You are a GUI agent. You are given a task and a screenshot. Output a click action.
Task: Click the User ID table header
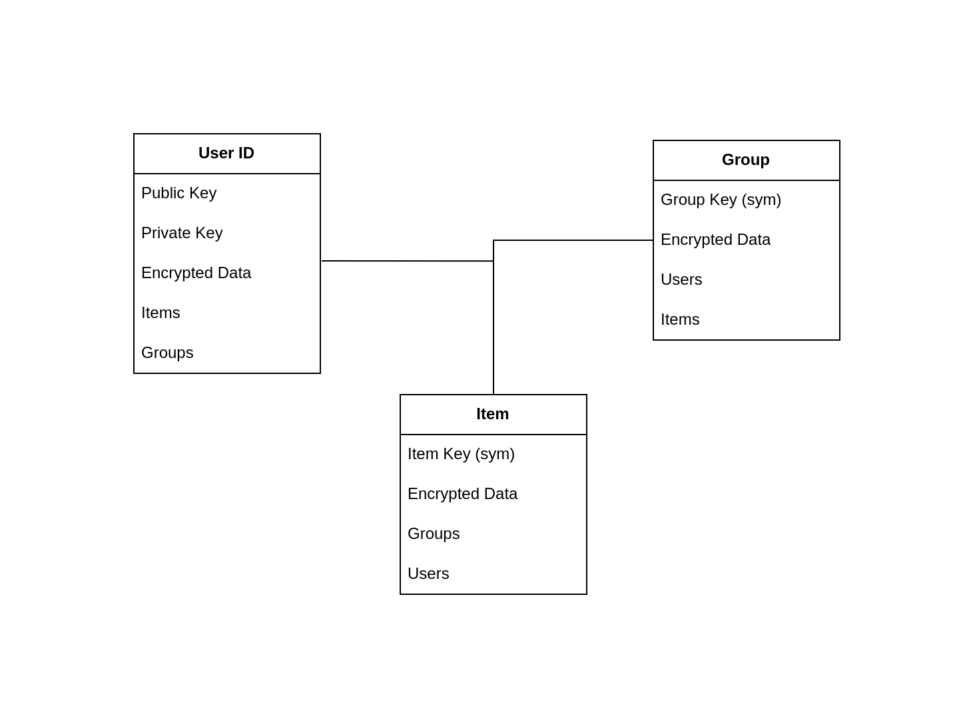coord(226,153)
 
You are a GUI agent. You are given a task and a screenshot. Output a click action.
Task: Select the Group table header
coord(746,160)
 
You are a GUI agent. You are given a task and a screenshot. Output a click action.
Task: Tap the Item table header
coord(493,414)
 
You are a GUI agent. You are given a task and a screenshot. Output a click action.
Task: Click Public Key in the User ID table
coord(178,194)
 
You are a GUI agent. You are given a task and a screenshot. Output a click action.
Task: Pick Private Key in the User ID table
coord(182,234)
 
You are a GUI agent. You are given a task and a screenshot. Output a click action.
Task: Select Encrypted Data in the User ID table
coord(196,273)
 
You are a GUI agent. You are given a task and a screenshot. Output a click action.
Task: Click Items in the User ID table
coord(161,313)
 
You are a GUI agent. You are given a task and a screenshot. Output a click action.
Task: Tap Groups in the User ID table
coord(167,353)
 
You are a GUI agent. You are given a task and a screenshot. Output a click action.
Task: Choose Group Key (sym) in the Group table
coord(721,200)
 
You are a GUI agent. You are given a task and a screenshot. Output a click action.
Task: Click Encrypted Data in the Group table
coord(715,240)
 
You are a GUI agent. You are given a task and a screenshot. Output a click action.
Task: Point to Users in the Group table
coord(681,279)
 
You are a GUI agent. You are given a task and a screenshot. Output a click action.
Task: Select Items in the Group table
coord(679,319)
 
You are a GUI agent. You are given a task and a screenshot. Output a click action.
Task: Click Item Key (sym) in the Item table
coord(461,455)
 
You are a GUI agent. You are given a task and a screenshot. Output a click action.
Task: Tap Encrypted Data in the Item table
coord(462,494)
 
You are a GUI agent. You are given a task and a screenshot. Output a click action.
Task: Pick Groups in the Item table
coord(434,534)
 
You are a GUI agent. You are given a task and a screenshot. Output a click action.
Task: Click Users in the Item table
coord(428,574)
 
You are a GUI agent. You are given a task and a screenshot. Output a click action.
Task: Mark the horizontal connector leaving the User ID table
coord(407,261)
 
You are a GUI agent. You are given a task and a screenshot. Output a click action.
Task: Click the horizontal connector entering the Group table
coord(573,240)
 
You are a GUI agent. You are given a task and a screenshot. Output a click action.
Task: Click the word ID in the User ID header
coord(246,153)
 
